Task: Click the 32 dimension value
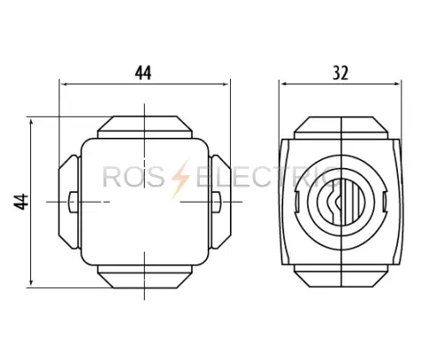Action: [340, 73]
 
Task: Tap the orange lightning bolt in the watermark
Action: [180, 179]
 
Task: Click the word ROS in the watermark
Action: [133, 178]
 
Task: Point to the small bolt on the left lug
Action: [73, 202]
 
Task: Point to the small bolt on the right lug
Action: [217, 202]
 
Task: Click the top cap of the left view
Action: [145, 127]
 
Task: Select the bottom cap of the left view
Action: [145, 276]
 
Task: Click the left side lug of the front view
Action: [69, 202]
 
